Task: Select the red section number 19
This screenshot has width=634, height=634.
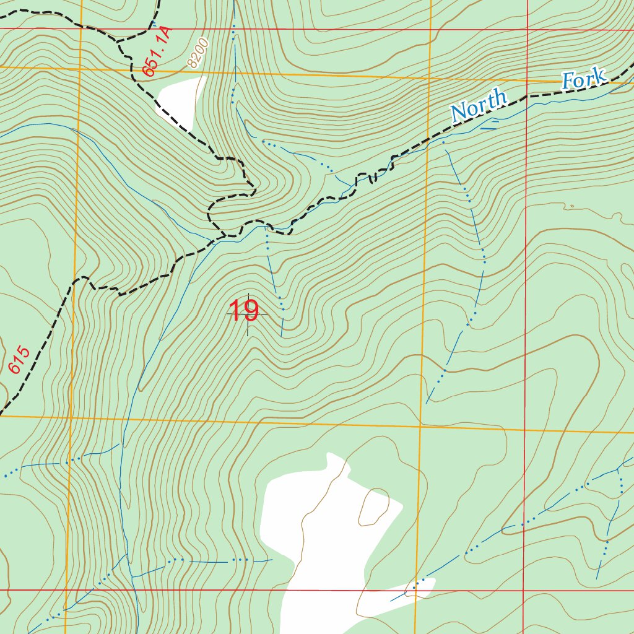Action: [x=243, y=311]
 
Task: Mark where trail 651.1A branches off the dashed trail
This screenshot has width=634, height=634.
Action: [x=118, y=41]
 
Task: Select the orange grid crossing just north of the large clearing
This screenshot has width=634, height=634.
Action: [x=420, y=427]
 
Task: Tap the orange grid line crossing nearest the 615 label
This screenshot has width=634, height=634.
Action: [x=69, y=417]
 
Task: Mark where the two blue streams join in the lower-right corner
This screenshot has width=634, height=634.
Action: [x=618, y=469]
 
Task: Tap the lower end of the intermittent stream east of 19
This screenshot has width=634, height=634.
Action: [x=427, y=402]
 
